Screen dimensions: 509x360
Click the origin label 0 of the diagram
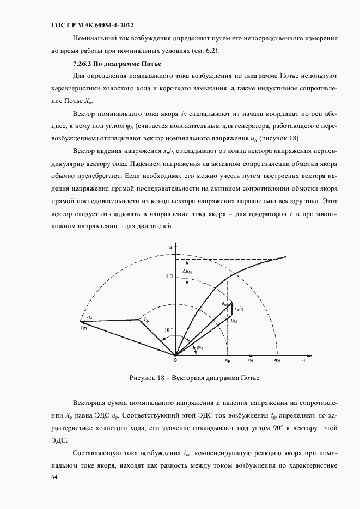coord(175,360)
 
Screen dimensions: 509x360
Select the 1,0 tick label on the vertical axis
coord(168,277)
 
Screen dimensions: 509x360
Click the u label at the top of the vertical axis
coord(170,247)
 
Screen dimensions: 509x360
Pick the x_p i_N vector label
coord(238,309)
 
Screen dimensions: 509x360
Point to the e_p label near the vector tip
coord(224,303)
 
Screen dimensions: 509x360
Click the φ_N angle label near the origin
coord(199,347)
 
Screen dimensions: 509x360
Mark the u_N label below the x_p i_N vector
coord(233,321)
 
